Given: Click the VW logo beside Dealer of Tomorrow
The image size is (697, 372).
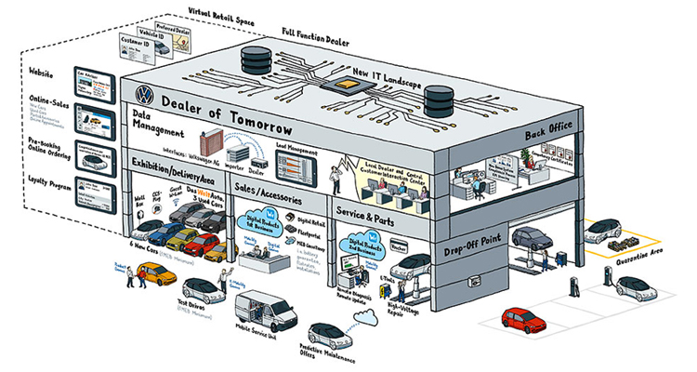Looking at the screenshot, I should click(143, 94).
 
